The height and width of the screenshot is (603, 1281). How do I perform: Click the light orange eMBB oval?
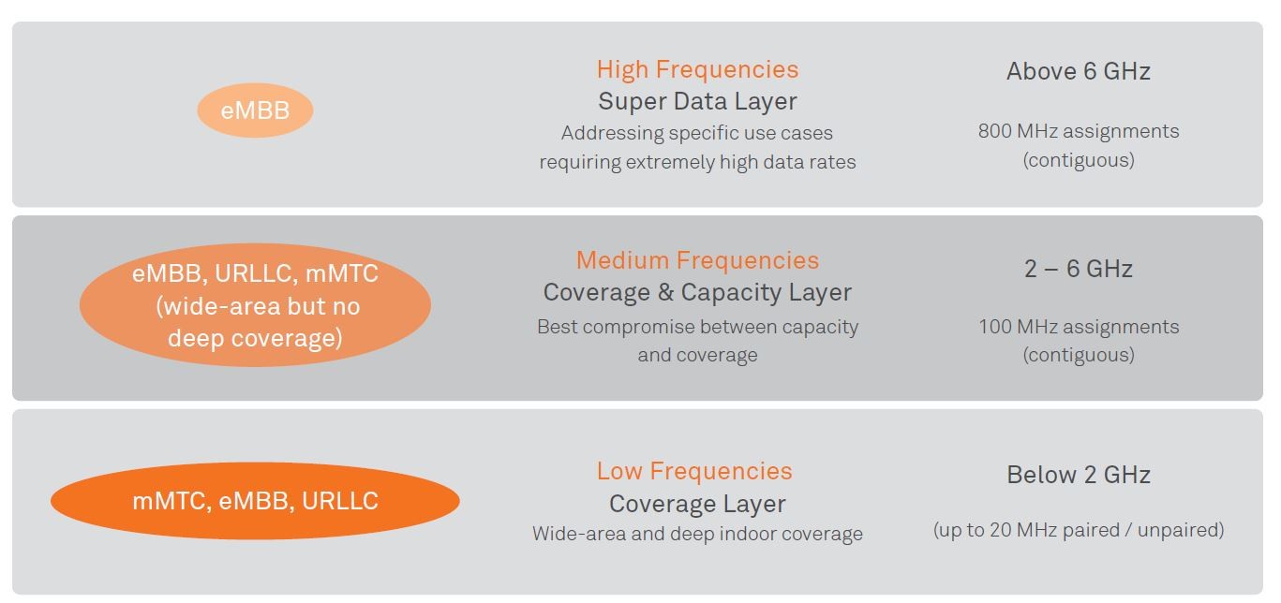coord(255,110)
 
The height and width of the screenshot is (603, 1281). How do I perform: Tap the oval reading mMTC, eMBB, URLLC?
coord(255,501)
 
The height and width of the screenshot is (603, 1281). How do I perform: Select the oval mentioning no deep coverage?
coord(255,305)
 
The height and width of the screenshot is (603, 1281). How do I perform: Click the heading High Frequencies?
coord(697,69)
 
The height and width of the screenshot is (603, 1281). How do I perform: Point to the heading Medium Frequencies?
coord(697,260)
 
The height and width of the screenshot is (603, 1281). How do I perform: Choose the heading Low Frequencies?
coord(694,471)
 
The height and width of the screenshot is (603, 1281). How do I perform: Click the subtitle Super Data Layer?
coord(697,101)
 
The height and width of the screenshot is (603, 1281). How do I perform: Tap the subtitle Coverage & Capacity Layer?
coord(697,292)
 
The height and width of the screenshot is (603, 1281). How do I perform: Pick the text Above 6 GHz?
coord(1078,71)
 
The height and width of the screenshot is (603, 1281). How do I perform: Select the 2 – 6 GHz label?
coord(1078,269)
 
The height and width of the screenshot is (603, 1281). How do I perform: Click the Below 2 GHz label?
coord(1078,475)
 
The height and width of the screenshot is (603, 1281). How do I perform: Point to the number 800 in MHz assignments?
coord(995,131)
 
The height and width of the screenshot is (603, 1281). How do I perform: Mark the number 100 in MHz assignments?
coord(995,327)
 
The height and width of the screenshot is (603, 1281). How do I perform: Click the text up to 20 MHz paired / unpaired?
coord(1078,530)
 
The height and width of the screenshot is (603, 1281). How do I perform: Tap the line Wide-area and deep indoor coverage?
coord(697,534)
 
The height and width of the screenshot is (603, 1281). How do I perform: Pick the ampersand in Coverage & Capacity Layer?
coord(665,292)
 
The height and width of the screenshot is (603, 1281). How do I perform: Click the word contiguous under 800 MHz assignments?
coord(1078,160)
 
